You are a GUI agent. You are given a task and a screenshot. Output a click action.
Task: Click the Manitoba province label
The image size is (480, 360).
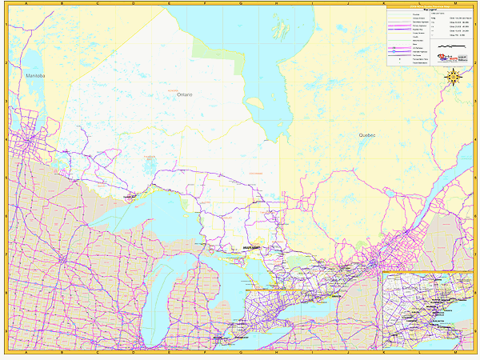point(36,76)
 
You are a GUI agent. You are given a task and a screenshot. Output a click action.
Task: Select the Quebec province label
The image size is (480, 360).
point(367,136)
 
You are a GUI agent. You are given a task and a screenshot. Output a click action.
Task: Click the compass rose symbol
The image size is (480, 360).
point(453,78)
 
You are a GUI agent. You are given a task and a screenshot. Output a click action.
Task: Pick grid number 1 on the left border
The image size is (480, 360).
point(6,24)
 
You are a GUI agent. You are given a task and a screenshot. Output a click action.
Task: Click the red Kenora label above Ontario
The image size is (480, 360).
point(171,90)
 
